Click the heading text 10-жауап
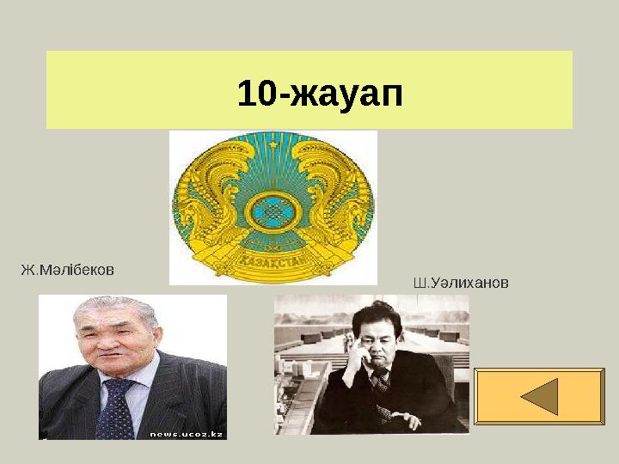320,93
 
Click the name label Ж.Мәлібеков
67,270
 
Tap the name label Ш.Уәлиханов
461,282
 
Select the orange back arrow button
539,396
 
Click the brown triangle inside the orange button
541,396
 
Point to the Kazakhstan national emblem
273,207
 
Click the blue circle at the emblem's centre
274,210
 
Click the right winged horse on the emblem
339,202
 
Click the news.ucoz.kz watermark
187,434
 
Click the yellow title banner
309,89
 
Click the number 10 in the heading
254,93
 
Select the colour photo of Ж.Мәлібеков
132,368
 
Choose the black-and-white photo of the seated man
371,364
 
